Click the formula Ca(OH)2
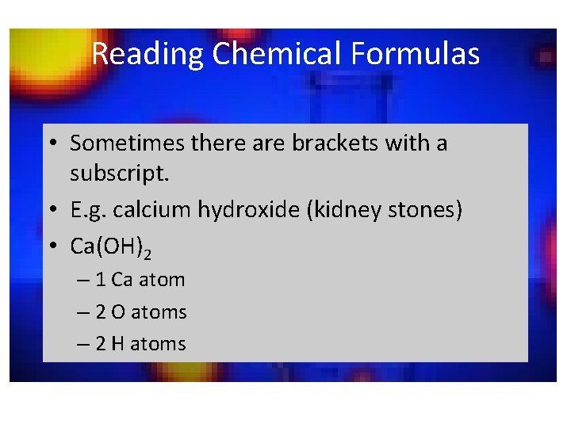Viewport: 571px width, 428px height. click(x=110, y=247)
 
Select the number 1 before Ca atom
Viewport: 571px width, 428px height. click(x=101, y=280)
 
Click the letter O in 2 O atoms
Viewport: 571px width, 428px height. click(x=118, y=312)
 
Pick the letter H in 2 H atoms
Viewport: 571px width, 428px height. click(x=118, y=344)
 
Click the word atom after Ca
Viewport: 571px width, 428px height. click(x=161, y=280)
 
